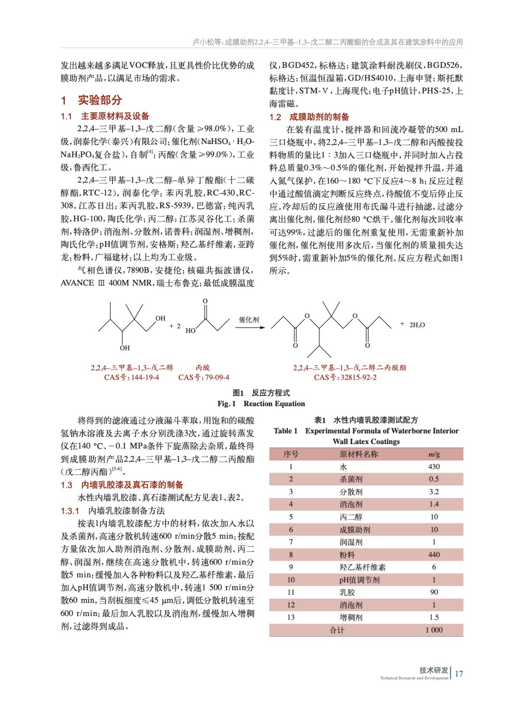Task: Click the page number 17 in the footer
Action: [459, 673]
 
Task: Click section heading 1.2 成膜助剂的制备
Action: [309, 117]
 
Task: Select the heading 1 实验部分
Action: [91, 100]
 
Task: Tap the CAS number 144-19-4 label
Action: [132, 377]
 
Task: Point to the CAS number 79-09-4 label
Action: [204, 377]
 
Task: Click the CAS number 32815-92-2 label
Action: [345, 377]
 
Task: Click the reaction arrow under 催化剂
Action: [250, 327]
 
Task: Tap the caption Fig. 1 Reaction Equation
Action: [261, 403]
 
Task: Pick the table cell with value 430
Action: [434, 467]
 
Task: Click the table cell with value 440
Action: [434, 555]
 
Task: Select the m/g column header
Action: [434, 454]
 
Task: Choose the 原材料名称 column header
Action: [358, 454]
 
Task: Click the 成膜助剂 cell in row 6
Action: [354, 529]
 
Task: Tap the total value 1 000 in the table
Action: [434, 630]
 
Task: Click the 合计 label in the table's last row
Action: [337, 630]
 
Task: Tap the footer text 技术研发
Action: [434, 670]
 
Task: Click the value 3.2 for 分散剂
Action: [434, 492]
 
